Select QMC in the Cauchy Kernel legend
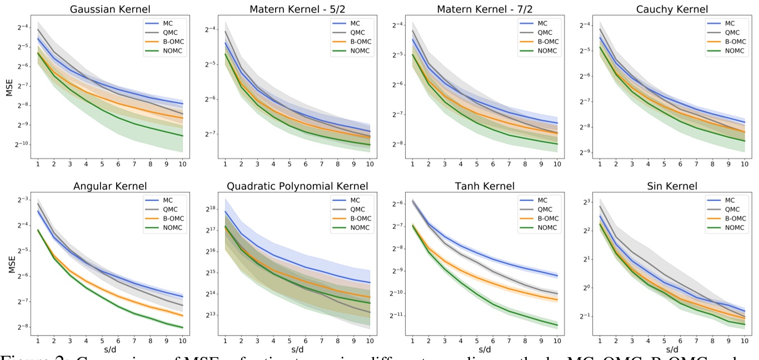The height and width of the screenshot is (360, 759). pyautogui.click(x=732, y=32)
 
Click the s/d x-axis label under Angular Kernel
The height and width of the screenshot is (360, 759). pyautogui.click(x=109, y=350)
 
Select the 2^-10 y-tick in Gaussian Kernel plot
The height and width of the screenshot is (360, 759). pyautogui.click(x=22, y=144)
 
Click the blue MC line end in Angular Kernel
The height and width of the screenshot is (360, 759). pyautogui.click(x=183, y=296)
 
